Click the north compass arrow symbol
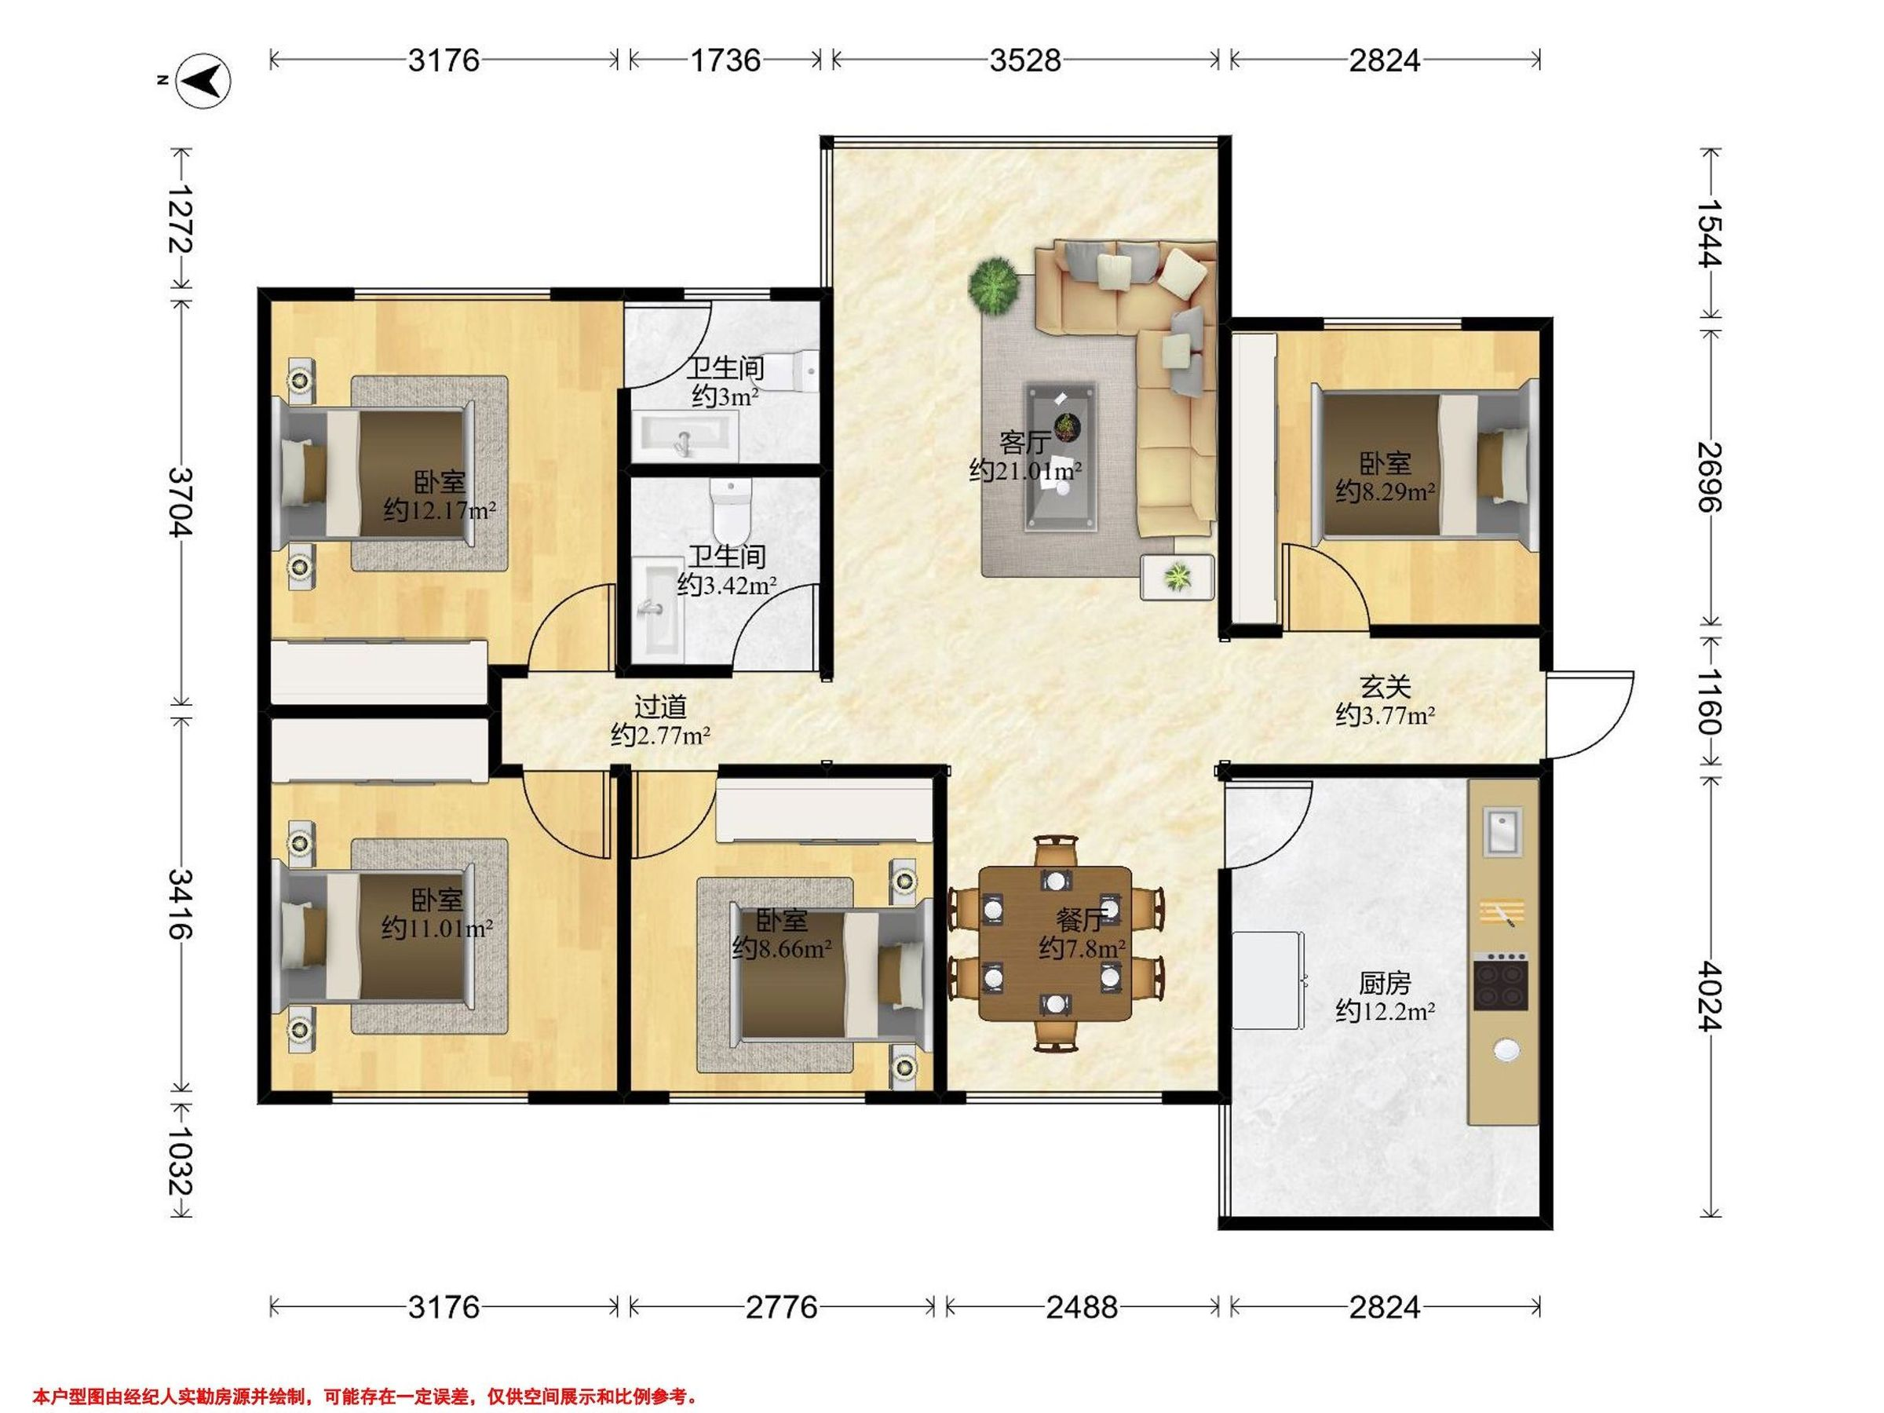(x=203, y=81)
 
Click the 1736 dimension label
(x=725, y=60)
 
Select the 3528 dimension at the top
(x=1025, y=60)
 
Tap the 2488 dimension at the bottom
(x=1082, y=1307)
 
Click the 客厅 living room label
(x=1024, y=443)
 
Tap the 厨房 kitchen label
(x=1385, y=984)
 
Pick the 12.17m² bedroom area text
(x=440, y=511)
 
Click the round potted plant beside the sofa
(x=994, y=284)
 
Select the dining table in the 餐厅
(x=1055, y=944)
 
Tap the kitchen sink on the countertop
(x=1501, y=831)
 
